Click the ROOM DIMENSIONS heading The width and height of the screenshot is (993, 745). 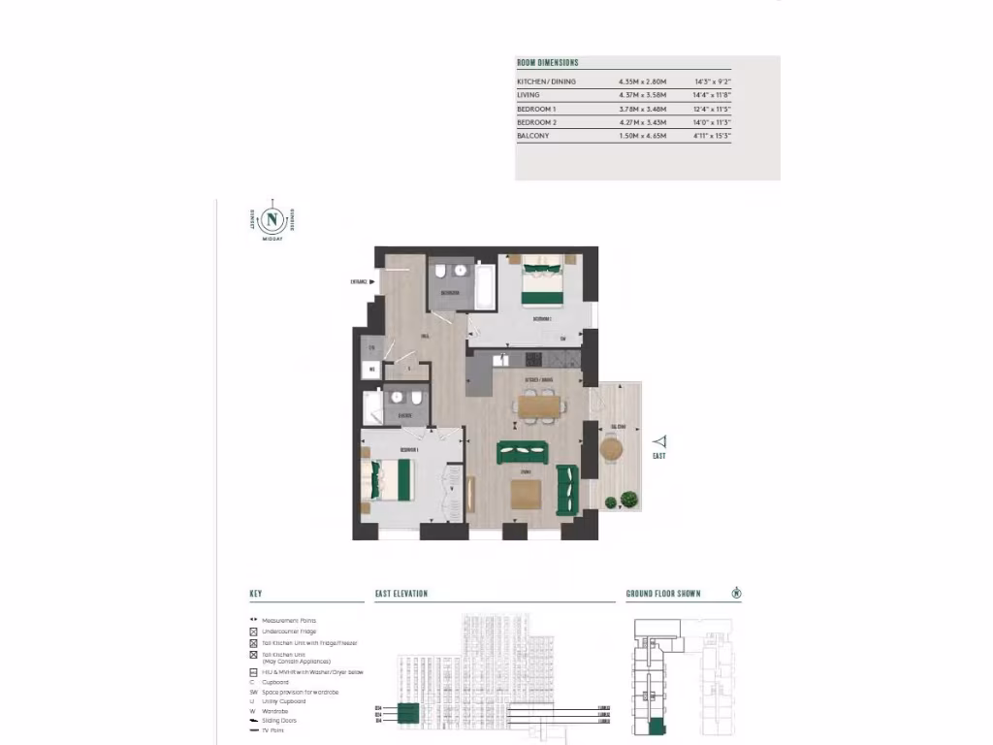coord(547,63)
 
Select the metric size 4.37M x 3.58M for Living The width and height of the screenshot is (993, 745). coord(642,95)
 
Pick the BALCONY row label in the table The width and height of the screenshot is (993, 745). coord(533,136)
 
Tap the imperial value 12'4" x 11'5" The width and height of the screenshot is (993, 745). coord(713,109)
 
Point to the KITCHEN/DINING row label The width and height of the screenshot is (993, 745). coord(546,81)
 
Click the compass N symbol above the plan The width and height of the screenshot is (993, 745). coord(272,218)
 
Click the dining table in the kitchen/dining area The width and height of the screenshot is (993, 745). coord(538,405)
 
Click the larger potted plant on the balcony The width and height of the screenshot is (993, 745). coord(628,500)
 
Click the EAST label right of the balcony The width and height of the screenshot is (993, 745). coord(659,456)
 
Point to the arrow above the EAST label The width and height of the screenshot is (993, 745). coord(659,440)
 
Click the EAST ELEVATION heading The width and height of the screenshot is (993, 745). coord(401,594)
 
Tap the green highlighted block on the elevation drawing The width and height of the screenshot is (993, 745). coord(408,716)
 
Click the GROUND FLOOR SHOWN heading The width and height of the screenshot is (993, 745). coord(663,594)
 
